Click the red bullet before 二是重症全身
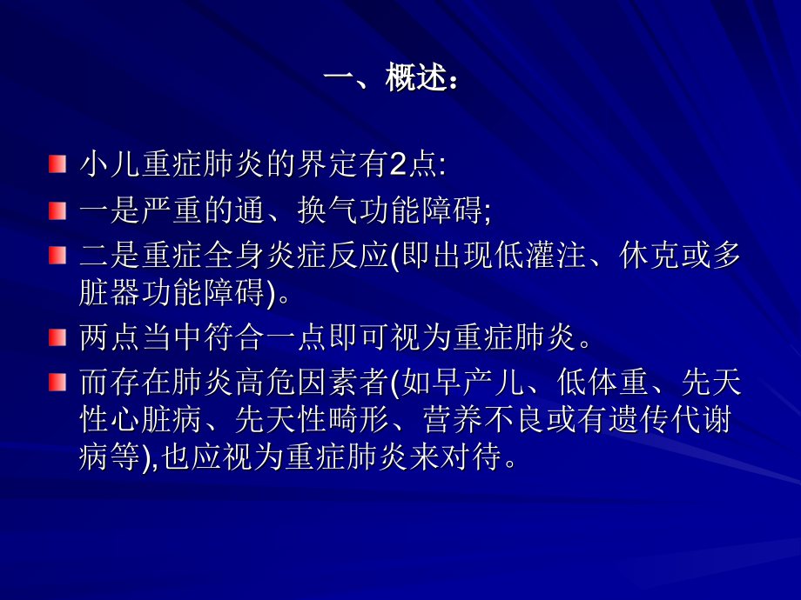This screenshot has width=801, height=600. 57,256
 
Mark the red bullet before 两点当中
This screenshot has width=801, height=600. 57,337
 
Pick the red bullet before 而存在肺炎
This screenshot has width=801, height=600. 57,383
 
